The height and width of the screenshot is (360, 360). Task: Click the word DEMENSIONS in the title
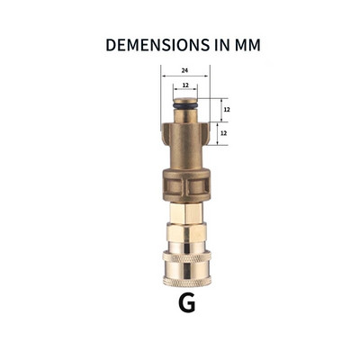coord(149,44)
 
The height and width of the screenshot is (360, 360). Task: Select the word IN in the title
coord(209,44)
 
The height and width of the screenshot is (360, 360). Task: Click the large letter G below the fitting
coord(186,302)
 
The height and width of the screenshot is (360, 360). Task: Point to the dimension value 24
coord(184,70)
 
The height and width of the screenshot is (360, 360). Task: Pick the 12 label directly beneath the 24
coord(184,86)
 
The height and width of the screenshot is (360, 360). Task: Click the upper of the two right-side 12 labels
coord(226,109)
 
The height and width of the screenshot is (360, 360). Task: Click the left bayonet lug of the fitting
coord(165,134)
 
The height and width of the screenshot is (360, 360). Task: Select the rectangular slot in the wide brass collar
coord(185,185)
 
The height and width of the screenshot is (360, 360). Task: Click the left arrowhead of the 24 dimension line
coord(164,76)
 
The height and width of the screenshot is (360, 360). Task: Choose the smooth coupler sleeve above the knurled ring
coord(185,239)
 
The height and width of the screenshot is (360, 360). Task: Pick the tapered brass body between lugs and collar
coord(185,148)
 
